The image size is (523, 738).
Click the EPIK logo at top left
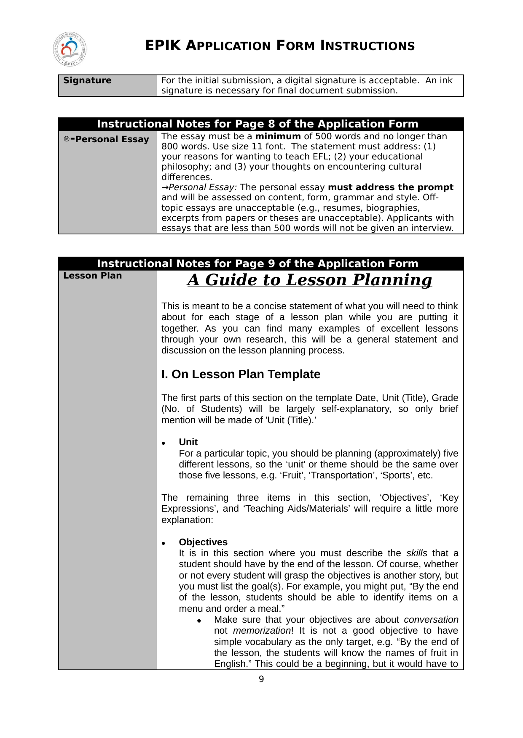(x=70, y=50)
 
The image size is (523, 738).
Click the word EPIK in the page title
(x=163, y=45)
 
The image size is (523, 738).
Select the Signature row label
(x=87, y=80)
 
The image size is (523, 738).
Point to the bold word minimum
(x=278, y=136)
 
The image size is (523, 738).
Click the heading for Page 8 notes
(x=257, y=124)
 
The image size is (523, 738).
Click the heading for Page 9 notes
(x=257, y=264)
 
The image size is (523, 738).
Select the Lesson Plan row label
(x=92, y=276)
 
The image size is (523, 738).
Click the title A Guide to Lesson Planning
(x=309, y=280)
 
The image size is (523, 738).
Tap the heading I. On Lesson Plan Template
(x=241, y=374)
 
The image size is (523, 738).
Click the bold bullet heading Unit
(x=188, y=442)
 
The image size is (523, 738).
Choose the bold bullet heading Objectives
(x=203, y=542)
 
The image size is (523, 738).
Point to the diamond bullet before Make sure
(x=199, y=621)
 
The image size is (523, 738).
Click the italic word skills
(x=416, y=553)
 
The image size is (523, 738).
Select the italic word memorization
(x=261, y=631)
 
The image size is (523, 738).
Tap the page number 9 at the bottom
(x=261, y=679)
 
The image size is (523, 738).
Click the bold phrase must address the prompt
(x=390, y=187)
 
